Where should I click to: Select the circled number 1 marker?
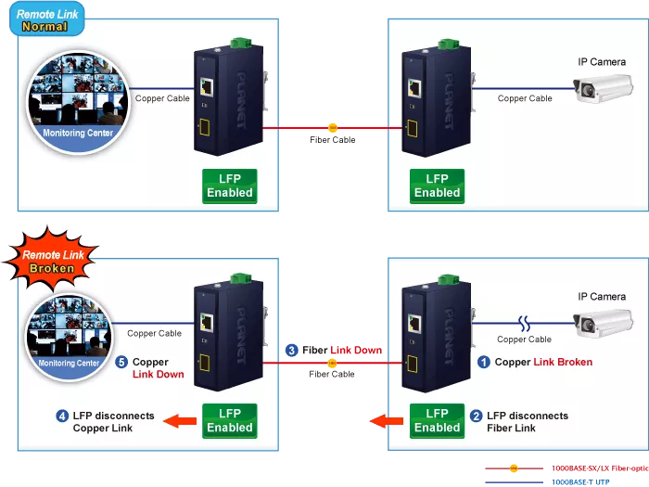pyautogui.click(x=483, y=363)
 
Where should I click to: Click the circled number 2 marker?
pyautogui.click(x=476, y=417)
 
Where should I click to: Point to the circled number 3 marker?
pyautogui.click(x=292, y=351)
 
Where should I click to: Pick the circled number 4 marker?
pyautogui.click(x=62, y=416)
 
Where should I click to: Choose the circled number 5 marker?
pyautogui.click(x=121, y=363)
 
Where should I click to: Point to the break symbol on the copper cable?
pyautogui.click(x=525, y=325)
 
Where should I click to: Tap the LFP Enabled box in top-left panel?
pyautogui.click(x=229, y=186)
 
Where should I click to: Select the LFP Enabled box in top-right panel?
pyautogui.click(x=437, y=186)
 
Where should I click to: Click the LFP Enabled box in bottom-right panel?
pyautogui.click(x=437, y=420)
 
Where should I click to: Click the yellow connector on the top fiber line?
pyautogui.click(x=333, y=128)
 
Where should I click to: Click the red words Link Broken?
pyautogui.click(x=563, y=363)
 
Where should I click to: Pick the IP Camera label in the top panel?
pyautogui.click(x=601, y=62)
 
